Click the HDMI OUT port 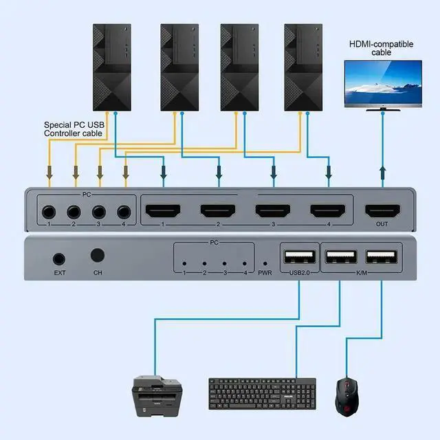[382, 211]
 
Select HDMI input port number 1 [162, 211]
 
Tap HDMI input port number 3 [273, 211]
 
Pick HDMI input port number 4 [327, 211]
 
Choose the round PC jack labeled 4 [124, 212]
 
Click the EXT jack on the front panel [58, 259]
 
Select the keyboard [262, 393]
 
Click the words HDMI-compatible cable [382, 47]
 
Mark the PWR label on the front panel [265, 274]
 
